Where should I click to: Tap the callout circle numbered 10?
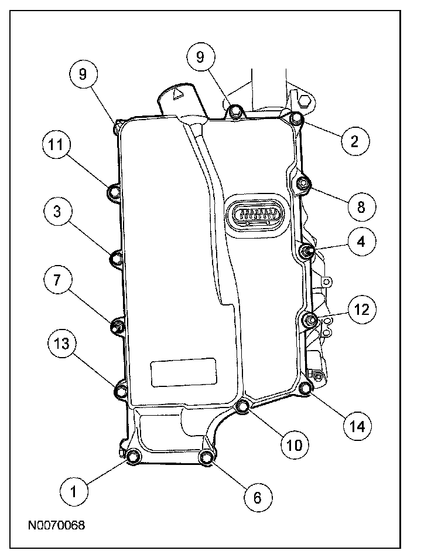[x=293, y=444]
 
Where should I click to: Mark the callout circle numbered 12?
[x=361, y=310]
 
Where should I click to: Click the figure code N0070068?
[x=56, y=525]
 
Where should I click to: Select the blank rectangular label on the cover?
[x=179, y=373]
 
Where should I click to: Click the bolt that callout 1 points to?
[x=133, y=456]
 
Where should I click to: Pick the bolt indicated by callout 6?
[x=206, y=457]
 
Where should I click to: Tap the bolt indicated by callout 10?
[x=243, y=407]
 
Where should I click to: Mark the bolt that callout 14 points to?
[x=305, y=388]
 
